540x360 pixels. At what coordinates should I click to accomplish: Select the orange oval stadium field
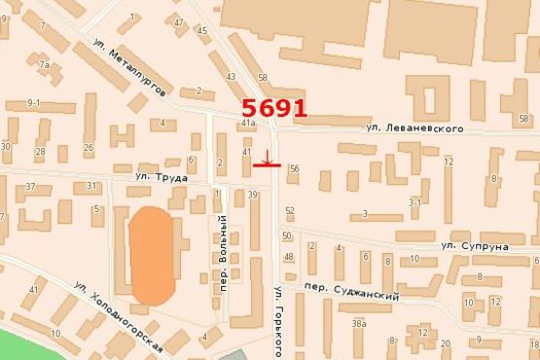(152, 254)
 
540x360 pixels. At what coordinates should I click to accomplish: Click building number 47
(179, 21)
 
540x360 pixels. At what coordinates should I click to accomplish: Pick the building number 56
(294, 168)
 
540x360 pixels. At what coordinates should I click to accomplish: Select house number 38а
(359, 323)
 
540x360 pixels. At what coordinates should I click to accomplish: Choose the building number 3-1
(414, 202)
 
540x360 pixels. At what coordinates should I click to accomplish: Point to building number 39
(252, 195)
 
